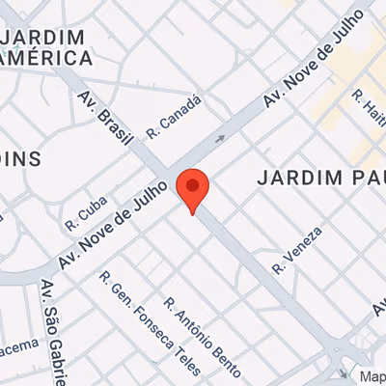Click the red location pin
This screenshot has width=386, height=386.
[x=194, y=189]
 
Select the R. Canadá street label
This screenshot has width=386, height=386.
[x=175, y=114]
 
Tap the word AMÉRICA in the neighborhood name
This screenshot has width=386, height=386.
[x=48, y=58]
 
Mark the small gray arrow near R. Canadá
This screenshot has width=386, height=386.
[x=220, y=139]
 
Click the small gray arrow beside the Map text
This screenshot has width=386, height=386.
[x=345, y=373]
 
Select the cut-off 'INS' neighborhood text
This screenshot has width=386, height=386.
[x=19, y=158]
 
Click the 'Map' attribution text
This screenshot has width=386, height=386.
[x=372, y=376]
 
